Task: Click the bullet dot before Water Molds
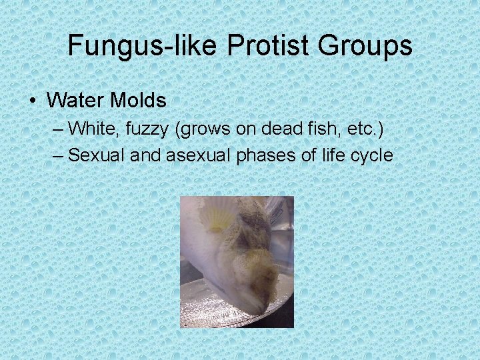tap(32, 101)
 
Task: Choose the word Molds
tap(138, 101)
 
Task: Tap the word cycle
tap(367, 156)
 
